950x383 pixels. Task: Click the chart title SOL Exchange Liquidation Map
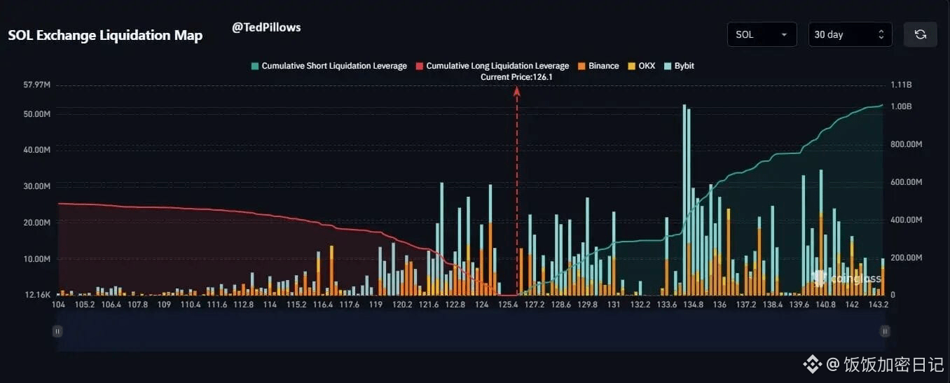pos(105,36)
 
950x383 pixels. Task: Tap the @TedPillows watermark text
pos(266,27)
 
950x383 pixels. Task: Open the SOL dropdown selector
pos(762,34)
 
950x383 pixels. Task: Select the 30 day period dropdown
pos(850,34)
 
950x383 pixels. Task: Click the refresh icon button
pos(921,34)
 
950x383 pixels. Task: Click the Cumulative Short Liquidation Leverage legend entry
pos(329,66)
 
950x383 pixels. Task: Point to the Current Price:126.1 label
pos(516,77)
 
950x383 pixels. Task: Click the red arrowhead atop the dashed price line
pos(517,90)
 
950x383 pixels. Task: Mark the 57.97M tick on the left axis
pos(36,85)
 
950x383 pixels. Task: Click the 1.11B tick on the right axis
pos(900,85)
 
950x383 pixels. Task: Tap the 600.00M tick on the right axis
pos(906,182)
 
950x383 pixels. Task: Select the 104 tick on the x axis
pos(59,305)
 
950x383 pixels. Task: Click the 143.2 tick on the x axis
pos(878,305)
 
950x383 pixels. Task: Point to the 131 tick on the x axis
pos(614,305)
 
